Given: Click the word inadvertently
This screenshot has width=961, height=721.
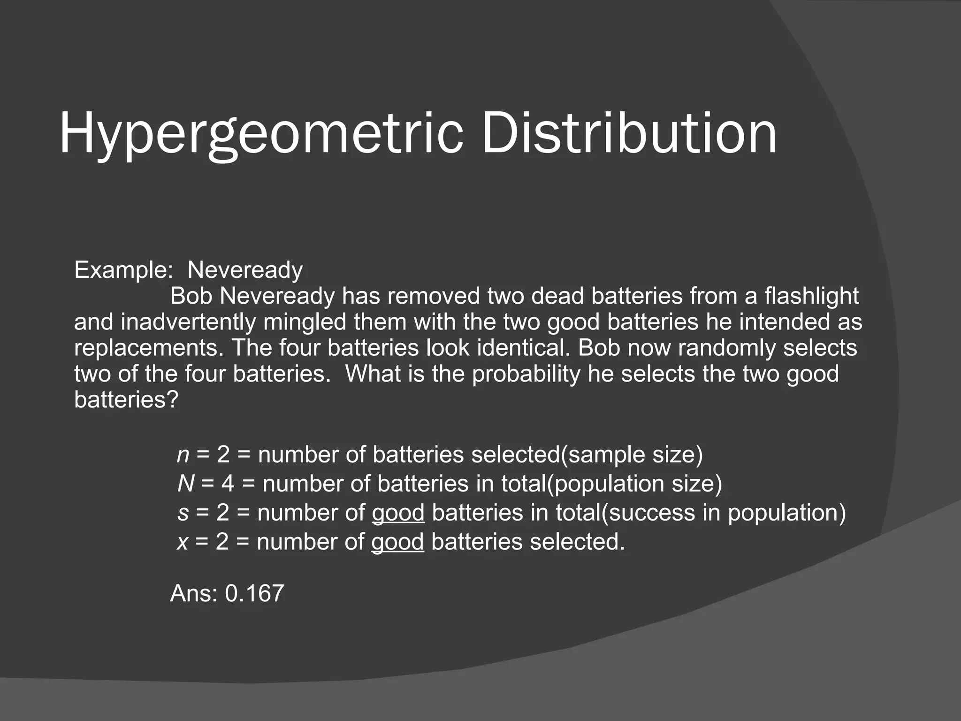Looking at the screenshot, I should click(189, 322).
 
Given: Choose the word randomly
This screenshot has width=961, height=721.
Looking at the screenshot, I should click(727, 348).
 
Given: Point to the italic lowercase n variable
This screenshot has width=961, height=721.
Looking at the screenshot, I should click(183, 455).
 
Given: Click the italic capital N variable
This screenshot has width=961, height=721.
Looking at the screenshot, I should click(185, 484).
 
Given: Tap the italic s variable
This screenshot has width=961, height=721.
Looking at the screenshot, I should click(183, 513).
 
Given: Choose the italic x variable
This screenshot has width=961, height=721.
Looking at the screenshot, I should click(182, 542).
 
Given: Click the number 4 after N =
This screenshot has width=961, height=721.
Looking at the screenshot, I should click(228, 484).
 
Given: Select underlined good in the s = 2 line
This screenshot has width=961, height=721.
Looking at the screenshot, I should click(398, 513).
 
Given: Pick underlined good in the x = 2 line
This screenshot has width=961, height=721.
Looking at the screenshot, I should click(397, 542).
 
